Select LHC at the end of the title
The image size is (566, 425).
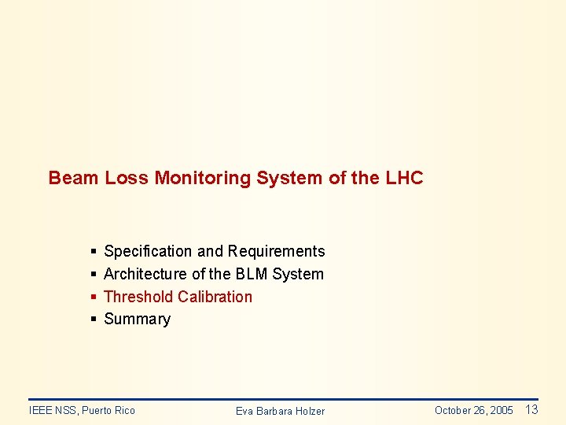point(404,178)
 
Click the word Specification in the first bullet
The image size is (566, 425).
point(148,251)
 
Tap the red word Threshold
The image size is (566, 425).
point(138,297)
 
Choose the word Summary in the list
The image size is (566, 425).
point(137,319)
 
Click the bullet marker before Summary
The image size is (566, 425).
point(94,319)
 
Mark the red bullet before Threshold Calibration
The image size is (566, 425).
point(94,297)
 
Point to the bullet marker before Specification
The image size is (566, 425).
point(94,252)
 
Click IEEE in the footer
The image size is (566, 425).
point(40,410)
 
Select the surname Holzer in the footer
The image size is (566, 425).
point(307,411)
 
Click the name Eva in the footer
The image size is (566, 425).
point(244,411)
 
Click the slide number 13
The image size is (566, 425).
point(531,409)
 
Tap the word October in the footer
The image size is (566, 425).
point(453,410)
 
